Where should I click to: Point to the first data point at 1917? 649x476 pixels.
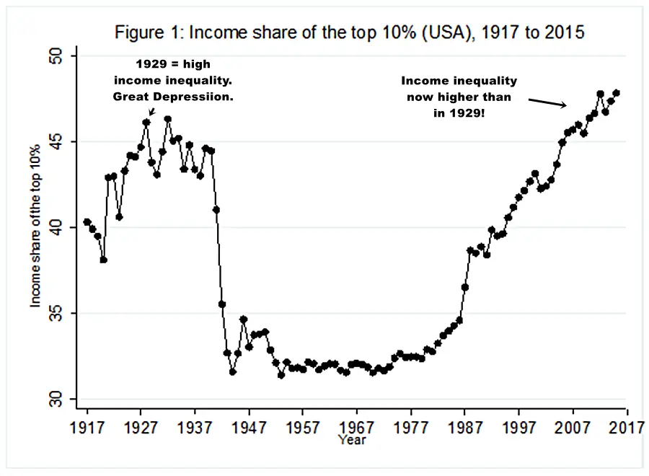click(87, 222)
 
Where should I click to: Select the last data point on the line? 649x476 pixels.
click(617, 92)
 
